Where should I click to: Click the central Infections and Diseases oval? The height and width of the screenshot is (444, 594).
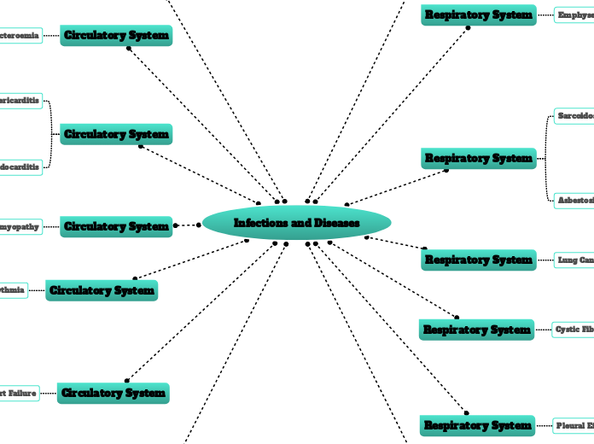297,223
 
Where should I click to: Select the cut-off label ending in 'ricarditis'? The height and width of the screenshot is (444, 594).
20,101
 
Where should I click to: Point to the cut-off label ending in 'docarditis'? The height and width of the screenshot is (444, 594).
20,166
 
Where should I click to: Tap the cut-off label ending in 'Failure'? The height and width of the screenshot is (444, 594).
19,393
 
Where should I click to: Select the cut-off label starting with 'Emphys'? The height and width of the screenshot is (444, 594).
574,15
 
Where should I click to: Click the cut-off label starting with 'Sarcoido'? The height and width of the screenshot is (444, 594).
574,115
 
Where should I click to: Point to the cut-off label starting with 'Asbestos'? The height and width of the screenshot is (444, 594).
574,200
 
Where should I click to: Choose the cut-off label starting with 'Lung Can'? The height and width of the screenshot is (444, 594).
574,260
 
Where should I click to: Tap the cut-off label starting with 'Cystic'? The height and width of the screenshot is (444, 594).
573,329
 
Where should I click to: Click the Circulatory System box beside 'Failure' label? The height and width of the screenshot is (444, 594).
114,393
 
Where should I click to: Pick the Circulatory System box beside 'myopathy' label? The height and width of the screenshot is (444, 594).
116,226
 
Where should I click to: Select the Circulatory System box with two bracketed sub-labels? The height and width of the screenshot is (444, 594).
116,134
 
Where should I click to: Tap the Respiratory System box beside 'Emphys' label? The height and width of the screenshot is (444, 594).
479,15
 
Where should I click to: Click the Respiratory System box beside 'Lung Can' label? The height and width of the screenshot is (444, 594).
479,260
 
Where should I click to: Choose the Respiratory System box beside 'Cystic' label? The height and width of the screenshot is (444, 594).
477,329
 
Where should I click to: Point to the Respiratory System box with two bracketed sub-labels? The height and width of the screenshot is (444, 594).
479,158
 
